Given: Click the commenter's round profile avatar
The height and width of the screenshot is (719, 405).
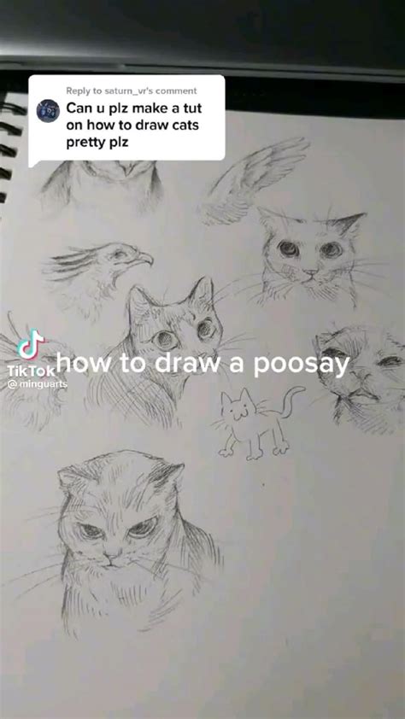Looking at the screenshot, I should point(49,111).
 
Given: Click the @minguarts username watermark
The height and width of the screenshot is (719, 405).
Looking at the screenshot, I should point(37,384).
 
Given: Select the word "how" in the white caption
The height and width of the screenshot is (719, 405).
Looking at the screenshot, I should point(84,365).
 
